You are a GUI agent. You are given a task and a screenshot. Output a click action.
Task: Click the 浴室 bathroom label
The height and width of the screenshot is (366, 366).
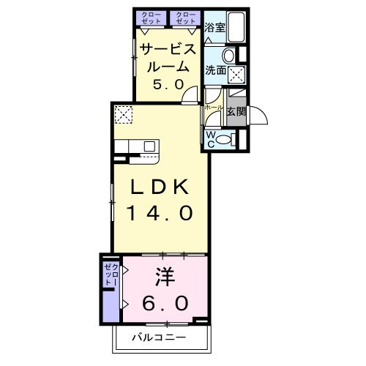pyautogui.click(x=214, y=27)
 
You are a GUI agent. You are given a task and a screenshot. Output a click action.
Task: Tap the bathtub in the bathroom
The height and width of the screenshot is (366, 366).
pyautogui.click(x=236, y=27)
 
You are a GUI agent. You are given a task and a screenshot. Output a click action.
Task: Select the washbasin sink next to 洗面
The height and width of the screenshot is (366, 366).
pyautogui.click(x=229, y=56)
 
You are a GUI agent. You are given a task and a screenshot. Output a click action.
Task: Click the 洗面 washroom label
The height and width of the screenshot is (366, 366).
pyautogui.click(x=215, y=70)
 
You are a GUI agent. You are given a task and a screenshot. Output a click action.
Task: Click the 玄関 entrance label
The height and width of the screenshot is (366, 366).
pyautogui.click(x=236, y=112)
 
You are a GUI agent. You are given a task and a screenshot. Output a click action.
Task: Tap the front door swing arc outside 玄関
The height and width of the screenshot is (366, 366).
pyautogui.click(x=258, y=116)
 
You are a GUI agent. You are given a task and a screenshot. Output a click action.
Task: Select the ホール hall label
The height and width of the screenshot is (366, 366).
pyautogui.click(x=214, y=108)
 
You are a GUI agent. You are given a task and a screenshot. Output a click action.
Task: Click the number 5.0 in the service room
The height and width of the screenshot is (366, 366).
pyautogui.click(x=168, y=85)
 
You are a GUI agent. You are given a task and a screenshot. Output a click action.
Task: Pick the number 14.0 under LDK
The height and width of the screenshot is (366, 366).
pyautogui.click(x=160, y=213)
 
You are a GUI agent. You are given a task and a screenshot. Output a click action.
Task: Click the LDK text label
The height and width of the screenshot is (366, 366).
pyautogui.click(x=160, y=187)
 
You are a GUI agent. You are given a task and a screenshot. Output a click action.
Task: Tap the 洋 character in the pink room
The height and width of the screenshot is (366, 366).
pyautogui.click(x=165, y=277)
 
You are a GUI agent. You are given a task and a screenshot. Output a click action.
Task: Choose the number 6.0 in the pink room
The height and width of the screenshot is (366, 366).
pyautogui.click(x=165, y=303)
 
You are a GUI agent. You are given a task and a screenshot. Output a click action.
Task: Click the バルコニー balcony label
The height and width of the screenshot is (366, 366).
pyautogui.click(x=159, y=337)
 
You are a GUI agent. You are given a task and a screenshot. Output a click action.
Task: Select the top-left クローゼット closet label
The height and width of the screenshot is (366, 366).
pyautogui.click(x=152, y=18)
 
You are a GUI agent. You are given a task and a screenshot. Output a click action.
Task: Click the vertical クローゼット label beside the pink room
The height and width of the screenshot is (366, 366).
pyautogui.click(x=111, y=275)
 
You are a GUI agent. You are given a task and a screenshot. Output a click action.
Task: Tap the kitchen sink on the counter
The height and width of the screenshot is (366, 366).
pyautogui.click(x=149, y=146)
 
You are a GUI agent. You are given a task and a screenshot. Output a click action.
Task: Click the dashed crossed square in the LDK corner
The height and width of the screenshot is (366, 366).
pyautogui.click(x=124, y=114)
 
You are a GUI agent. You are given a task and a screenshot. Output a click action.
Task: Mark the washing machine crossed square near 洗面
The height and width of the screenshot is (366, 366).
pyautogui.click(x=236, y=74)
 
